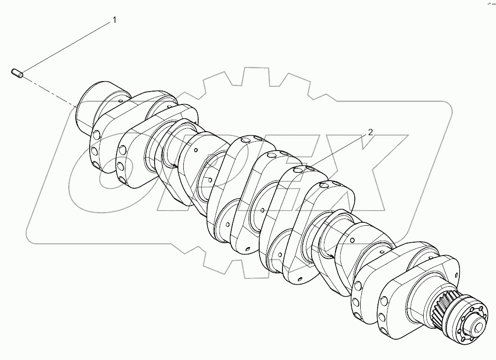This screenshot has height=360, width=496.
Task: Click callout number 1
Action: [114, 20]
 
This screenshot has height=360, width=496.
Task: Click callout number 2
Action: [369, 133]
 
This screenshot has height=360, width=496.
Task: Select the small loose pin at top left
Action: [16, 74]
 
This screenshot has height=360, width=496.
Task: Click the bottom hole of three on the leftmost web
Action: [94, 163]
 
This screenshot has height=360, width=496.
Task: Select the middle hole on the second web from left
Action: [120, 165]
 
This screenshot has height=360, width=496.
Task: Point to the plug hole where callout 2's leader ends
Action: [299, 170]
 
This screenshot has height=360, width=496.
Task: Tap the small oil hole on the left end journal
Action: [121, 102]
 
